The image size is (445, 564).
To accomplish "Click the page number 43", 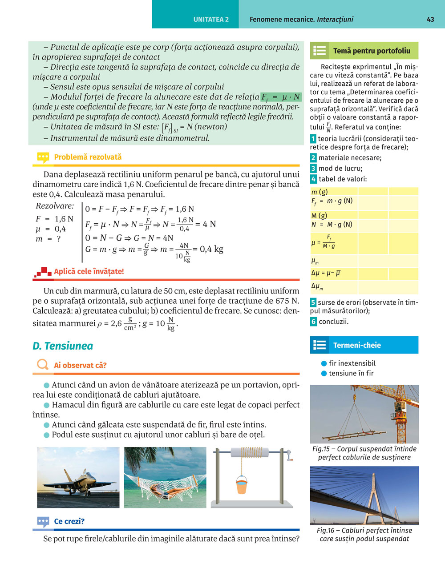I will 430,20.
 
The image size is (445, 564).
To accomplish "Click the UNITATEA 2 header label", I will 211,20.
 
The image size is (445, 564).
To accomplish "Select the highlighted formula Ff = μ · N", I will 280,97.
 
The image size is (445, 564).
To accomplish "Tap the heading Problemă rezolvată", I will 88,157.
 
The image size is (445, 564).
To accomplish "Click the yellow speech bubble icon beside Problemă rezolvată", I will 43,157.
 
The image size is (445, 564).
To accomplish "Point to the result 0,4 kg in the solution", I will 212,249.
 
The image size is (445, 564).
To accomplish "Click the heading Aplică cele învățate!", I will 89,271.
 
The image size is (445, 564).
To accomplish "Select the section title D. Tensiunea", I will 63,346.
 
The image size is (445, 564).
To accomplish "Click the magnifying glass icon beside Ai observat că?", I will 43,365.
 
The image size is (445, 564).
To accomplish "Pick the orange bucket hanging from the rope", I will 241,485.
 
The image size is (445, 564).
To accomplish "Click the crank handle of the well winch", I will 289,455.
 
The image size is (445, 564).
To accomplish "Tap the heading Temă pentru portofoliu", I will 372,51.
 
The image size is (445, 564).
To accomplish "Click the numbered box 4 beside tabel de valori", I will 313,179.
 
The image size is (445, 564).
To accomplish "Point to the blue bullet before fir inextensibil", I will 324,363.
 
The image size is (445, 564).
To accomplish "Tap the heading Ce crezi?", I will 69,521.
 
